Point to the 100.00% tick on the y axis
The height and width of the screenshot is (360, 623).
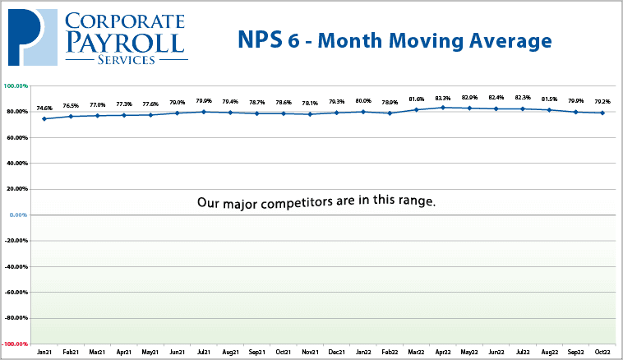tap(16, 85)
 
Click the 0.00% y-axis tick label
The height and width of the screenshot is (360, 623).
tap(18, 215)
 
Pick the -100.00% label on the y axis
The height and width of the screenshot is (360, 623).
tap(16, 344)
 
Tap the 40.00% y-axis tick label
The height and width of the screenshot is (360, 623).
tap(17, 163)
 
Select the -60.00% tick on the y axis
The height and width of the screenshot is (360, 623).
tap(16, 292)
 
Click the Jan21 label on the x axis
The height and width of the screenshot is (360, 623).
tap(44, 352)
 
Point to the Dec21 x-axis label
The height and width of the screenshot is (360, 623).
tap(337, 352)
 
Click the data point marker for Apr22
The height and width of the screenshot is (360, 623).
tap(443, 108)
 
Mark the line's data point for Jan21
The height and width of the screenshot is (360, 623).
tap(44, 118)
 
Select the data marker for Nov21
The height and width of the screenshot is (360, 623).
tap(310, 114)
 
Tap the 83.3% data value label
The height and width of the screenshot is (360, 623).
tap(443, 98)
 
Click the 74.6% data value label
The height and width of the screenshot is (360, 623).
tap(44, 108)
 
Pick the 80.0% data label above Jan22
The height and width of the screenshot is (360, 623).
tap(363, 102)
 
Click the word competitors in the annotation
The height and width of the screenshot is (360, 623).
tap(307, 202)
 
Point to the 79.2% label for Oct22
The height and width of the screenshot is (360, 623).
tap(603, 103)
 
